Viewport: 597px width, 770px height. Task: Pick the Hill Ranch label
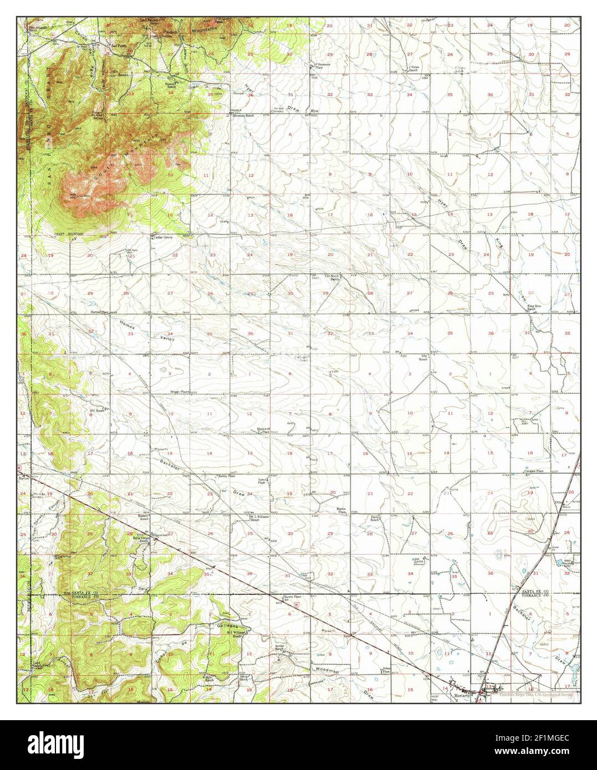pos(98,410)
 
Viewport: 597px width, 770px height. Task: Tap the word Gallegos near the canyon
pos(228,624)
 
